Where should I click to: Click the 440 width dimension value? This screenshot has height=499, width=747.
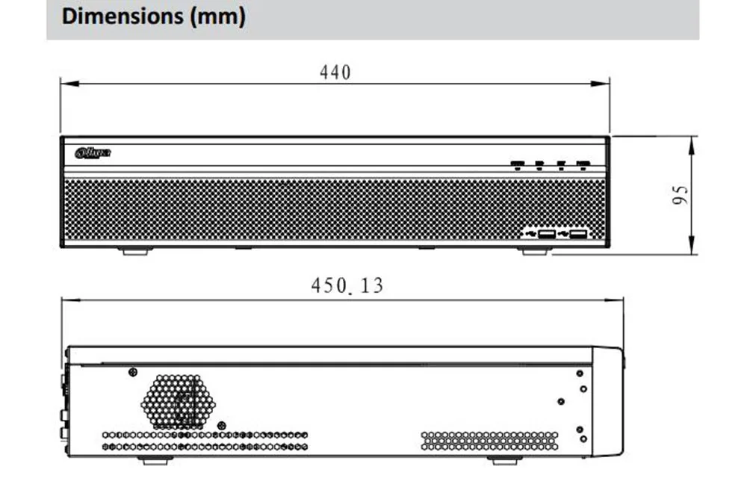click(335, 72)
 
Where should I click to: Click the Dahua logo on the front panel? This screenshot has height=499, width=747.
click(93, 153)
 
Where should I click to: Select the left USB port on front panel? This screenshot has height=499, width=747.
click(546, 235)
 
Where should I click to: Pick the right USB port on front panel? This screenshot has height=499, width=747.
click(577, 235)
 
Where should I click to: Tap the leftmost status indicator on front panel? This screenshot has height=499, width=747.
click(518, 164)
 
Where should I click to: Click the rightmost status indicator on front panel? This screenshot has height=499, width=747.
click(583, 164)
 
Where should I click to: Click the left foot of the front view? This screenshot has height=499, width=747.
click(135, 252)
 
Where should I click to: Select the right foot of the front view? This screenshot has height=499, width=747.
click(534, 252)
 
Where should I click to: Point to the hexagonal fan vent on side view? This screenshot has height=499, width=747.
click(178, 401)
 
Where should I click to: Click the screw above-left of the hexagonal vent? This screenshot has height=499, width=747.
click(132, 372)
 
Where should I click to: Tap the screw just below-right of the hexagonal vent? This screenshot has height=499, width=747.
click(221, 425)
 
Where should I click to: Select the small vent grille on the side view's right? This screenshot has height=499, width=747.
click(489, 440)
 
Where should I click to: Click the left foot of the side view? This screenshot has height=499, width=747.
click(155, 461)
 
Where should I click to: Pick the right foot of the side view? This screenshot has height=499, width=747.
click(505, 461)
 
